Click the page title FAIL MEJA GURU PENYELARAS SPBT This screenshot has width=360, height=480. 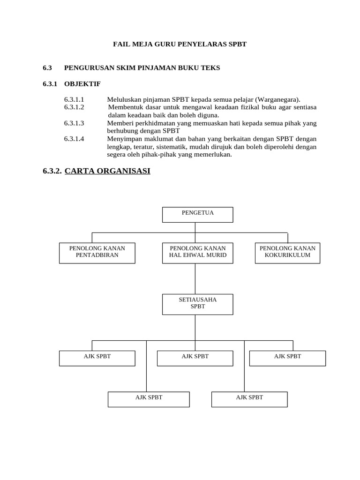(x=180, y=44)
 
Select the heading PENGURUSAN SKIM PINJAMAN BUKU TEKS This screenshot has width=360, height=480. (x=142, y=68)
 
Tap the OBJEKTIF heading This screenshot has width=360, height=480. (x=82, y=84)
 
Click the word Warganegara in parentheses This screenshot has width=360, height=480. (x=277, y=99)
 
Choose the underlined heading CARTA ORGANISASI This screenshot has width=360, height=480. (x=107, y=171)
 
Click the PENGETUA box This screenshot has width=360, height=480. (x=197, y=214)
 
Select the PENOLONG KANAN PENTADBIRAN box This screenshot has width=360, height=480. (x=97, y=253)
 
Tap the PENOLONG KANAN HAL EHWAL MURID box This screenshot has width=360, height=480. (x=197, y=253)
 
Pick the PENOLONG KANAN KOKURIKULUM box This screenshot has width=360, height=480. (x=287, y=253)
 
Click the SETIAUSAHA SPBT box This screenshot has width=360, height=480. (x=197, y=304)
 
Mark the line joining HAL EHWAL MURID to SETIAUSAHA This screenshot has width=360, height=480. (x=195, y=278)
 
